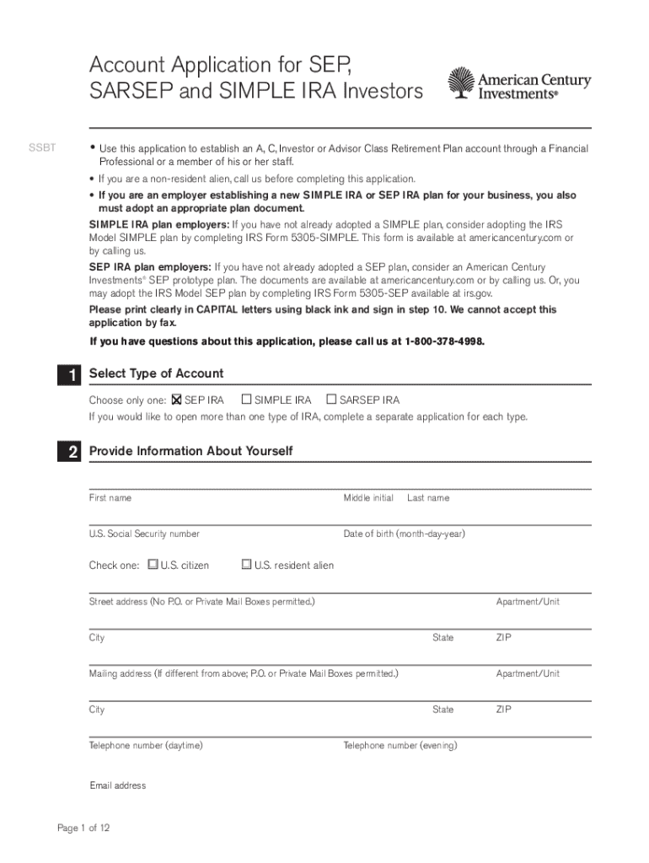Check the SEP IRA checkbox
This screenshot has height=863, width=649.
(177, 399)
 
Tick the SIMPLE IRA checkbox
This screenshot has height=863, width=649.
(247, 399)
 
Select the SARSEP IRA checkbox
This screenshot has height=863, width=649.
(331, 399)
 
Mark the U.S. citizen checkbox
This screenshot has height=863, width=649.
(153, 565)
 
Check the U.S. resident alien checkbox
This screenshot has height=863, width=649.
(246, 565)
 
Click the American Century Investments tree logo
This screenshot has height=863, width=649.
(461, 84)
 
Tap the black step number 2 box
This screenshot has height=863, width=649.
(73, 453)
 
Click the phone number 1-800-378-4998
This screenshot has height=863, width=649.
(443, 341)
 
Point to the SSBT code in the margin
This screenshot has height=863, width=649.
(43, 148)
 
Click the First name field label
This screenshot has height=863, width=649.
(110, 498)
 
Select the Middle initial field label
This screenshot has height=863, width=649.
(368, 498)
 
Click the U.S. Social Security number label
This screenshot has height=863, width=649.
(144, 534)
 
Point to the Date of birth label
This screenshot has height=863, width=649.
(404, 534)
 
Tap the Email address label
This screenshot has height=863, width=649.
(118, 785)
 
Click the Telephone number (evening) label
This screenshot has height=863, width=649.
(400, 746)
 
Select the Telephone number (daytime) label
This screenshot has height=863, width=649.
(146, 746)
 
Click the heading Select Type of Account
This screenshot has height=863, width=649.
(157, 373)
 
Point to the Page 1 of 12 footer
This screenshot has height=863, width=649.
(83, 828)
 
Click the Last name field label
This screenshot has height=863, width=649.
(428, 498)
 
